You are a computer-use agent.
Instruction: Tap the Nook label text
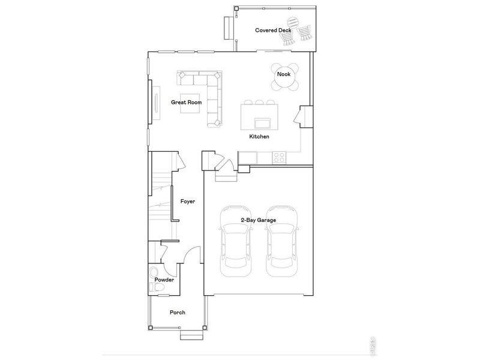click(284, 74)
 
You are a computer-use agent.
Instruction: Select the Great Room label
click(186, 103)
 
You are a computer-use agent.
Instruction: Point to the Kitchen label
click(259, 137)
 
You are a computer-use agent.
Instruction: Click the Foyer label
click(188, 202)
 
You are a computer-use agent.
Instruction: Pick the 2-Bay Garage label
click(258, 221)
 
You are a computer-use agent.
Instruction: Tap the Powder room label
click(164, 280)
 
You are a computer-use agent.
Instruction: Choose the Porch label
click(177, 313)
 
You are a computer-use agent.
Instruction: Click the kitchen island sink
click(262, 124)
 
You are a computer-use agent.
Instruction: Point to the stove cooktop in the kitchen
click(280, 158)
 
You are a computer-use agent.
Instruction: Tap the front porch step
click(193, 335)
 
